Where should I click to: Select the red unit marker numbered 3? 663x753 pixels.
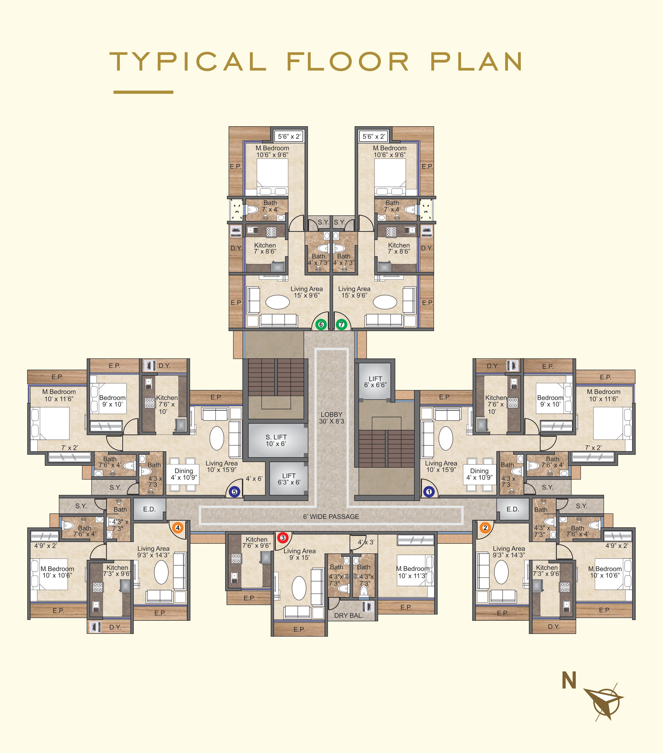coord(283,537)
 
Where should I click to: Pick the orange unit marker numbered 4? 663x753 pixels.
coord(178,528)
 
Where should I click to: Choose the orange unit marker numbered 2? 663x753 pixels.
coord(485,528)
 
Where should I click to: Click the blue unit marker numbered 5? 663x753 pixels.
coord(234,491)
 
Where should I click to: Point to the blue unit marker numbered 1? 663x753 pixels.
coord(429,491)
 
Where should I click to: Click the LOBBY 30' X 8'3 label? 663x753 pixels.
coord(331,418)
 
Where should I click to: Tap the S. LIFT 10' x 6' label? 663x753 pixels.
coord(276,440)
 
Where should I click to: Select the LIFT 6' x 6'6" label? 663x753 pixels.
coord(375,382)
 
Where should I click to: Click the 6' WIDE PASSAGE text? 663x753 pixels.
coord(331,516)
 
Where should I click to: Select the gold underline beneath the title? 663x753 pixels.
coord(143,92)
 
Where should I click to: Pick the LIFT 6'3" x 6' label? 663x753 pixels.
coord(289,479)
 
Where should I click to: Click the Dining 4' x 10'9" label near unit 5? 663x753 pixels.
coord(184,474)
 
